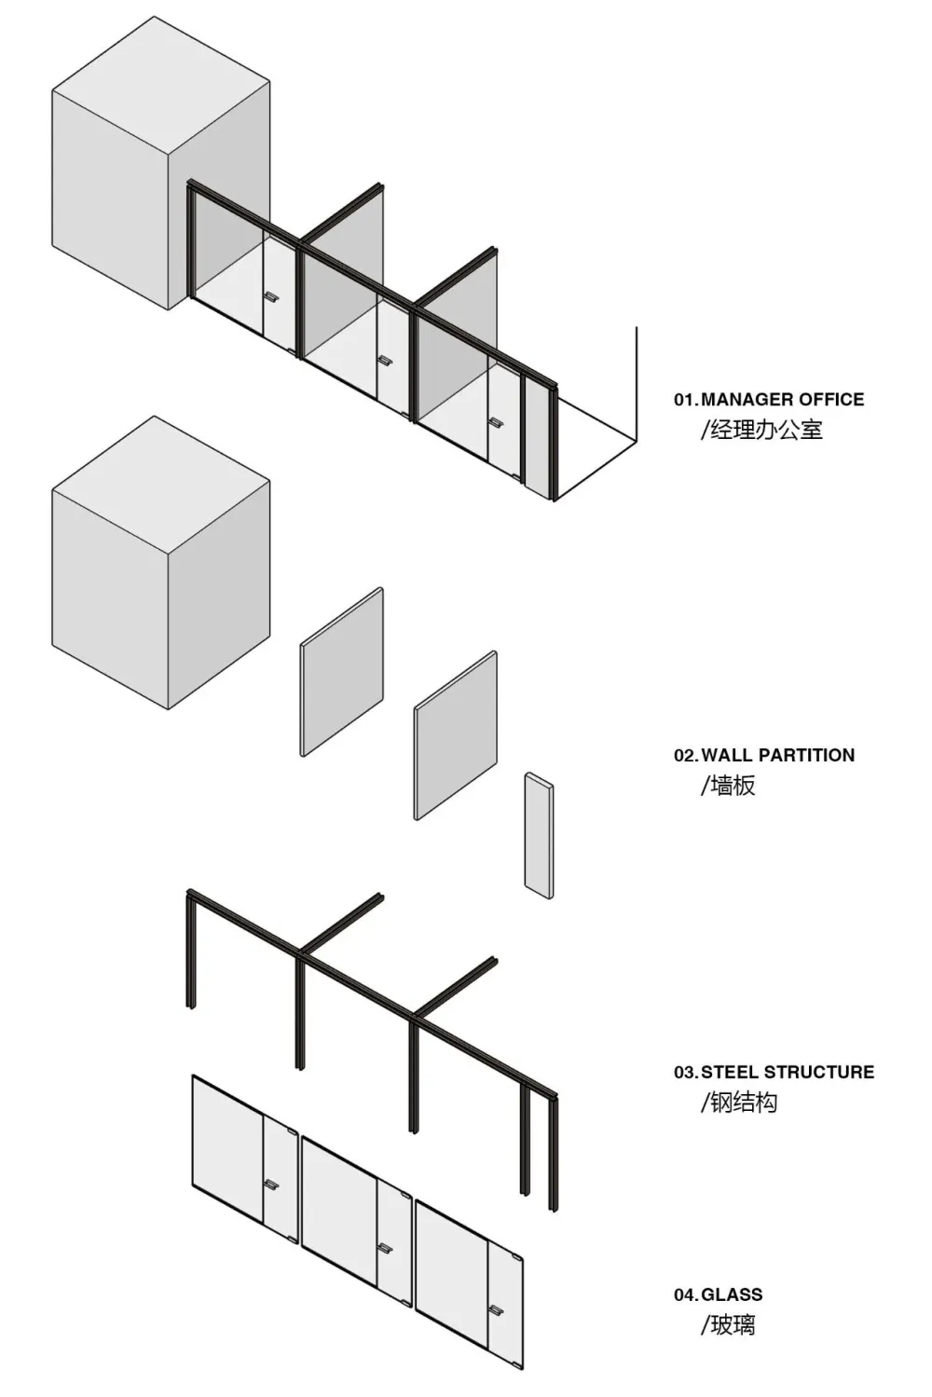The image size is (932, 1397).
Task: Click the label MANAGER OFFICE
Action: coord(783,399)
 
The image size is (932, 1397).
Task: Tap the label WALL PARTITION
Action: coord(778,755)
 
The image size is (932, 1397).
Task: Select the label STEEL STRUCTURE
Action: coord(788,1072)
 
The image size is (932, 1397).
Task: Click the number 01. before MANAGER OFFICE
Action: coord(686,399)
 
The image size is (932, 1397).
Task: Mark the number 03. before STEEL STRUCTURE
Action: coord(686,1072)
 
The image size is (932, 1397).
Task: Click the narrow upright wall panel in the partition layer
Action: coord(539,836)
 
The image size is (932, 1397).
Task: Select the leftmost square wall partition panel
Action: coord(342,672)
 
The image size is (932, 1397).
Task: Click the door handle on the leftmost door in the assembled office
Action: coord(270,296)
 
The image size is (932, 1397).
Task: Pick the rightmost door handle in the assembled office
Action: coord(497,422)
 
